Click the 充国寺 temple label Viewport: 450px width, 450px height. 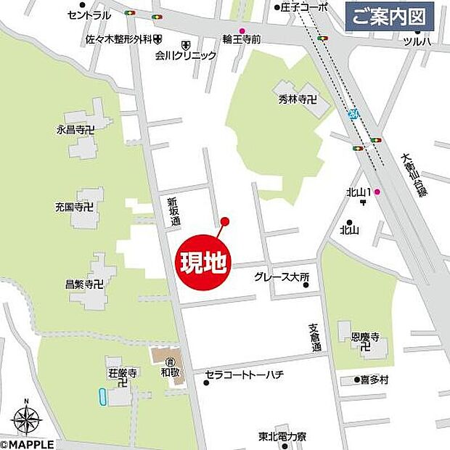click(75, 208)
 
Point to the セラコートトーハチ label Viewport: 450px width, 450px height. click(243, 375)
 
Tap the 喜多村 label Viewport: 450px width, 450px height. click(375, 380)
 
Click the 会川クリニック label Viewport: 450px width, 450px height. click(186, 55)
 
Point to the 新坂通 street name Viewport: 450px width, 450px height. click(173, 211)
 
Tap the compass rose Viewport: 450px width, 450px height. click(25, 419)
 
